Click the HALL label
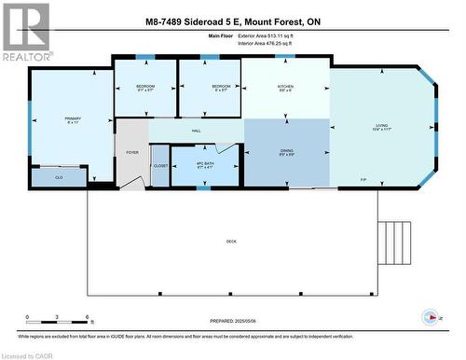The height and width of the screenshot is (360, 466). (197, 131)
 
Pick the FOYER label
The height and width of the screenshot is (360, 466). (131, 151)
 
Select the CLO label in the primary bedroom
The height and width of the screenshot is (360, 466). (59, 176)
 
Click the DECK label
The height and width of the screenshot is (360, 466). (232, 241)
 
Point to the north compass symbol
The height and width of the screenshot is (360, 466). (429, 315)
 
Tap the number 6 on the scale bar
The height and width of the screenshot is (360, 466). (87, 318)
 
